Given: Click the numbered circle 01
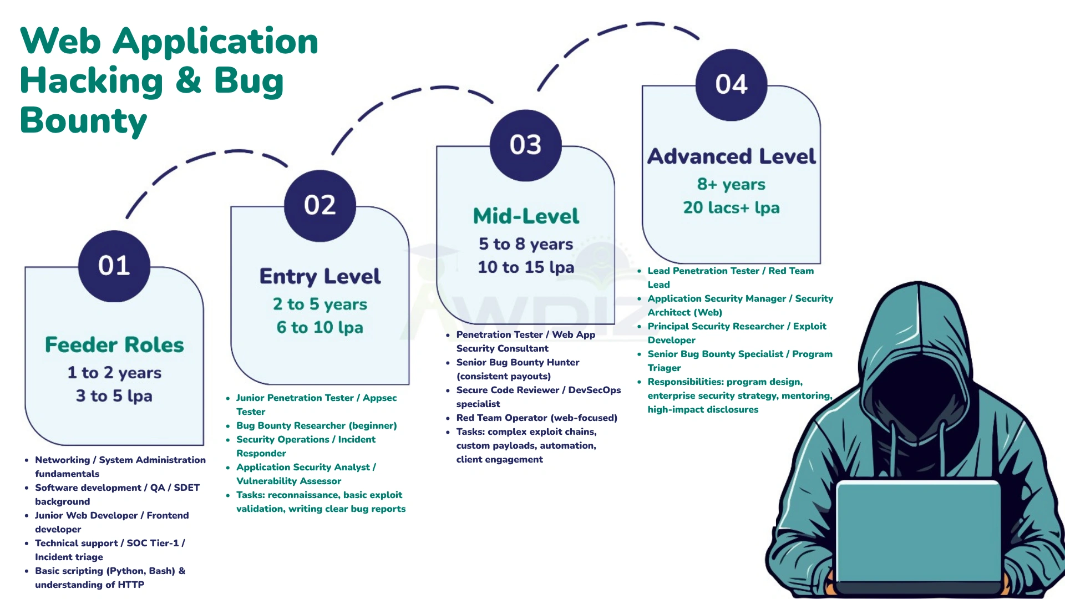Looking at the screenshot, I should click(x=114, y=266).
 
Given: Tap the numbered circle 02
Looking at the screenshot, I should click(x=320, y=205).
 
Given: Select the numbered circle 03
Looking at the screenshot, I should click(x=525, y=145).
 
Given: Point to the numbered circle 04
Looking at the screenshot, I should click(x=731, y=84).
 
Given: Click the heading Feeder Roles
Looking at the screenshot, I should click(x=114, y=345).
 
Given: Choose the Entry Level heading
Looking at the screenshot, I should click(x=320, y=276).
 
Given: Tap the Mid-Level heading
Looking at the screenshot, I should click(x=526, y=216).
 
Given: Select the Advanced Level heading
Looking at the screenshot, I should click(x=731, y=156).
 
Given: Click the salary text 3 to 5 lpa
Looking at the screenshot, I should click(x=114, y=396).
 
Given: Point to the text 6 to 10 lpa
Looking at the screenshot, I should click(x=320, y=327).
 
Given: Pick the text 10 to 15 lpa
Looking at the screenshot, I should click(x=526, y=267).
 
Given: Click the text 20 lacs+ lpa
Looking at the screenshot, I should click(x=731, y=207).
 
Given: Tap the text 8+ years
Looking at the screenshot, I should click(x=731, y=184).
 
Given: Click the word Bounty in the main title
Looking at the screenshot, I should click(x=84, y=121).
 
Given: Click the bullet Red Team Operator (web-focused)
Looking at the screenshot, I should click(x=536, y=418).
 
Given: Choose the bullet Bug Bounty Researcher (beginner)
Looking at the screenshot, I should click(x=316, y=425).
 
